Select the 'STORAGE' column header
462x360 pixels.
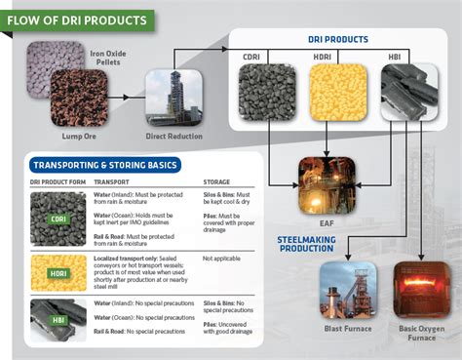tap(216, 181)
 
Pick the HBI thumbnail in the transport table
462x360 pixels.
tap(58, 318)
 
